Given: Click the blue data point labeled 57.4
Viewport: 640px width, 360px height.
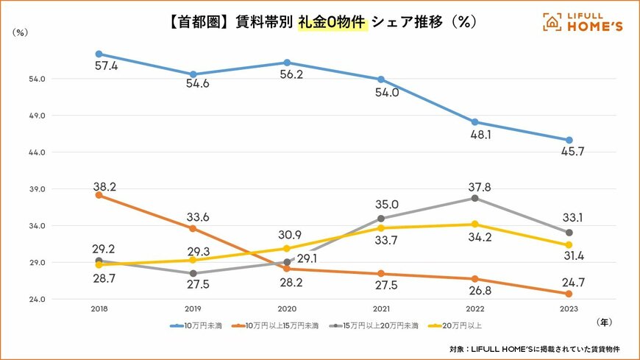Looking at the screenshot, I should point(99,54).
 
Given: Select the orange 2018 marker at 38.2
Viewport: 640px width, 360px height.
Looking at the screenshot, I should point(99,195).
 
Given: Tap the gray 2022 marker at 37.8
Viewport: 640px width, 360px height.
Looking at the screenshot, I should point(474,198).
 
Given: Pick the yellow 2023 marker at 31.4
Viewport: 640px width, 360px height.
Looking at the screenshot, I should point(569,245).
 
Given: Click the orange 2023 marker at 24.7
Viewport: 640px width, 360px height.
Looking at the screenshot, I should point(569,294).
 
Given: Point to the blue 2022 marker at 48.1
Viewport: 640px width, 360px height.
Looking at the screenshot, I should point(474,122).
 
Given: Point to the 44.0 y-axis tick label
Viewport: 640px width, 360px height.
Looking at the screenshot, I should point(38,152).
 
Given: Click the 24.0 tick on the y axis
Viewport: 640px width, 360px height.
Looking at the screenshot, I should point(38,300).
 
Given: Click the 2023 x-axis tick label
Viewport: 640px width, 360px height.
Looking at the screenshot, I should point(569,311).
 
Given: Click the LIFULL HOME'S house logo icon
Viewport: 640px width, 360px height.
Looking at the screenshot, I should point(552,22).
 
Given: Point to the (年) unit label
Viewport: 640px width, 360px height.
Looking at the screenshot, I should point(601,321).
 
